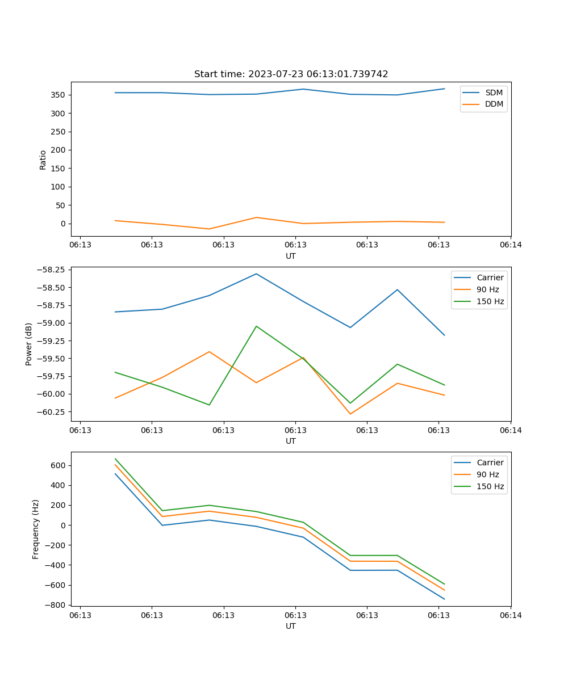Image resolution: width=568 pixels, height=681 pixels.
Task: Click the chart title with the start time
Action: (291, 74)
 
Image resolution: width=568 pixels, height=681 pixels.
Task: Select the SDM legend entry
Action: (494, 93)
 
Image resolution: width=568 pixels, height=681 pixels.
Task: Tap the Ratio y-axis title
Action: (43, 159)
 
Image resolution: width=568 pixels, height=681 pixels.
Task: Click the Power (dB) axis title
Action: (29, 344)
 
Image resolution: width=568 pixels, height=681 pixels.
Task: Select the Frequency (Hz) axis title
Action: (36, 529)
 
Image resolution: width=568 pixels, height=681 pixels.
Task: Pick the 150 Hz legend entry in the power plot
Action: (490, 301)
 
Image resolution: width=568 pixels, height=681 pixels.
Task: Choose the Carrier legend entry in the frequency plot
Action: (490, 463)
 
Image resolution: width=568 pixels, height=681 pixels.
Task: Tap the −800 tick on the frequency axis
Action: (55, 605)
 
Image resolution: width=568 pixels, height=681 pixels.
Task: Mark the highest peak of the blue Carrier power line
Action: (256, 274)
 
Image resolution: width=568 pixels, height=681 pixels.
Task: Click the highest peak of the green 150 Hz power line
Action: (256, 326)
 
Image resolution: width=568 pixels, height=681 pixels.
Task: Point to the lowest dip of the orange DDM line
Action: (209, 229)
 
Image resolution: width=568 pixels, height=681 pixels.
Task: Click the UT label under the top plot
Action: (291, 256)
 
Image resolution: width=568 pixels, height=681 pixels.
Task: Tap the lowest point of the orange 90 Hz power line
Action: (350, 414)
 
